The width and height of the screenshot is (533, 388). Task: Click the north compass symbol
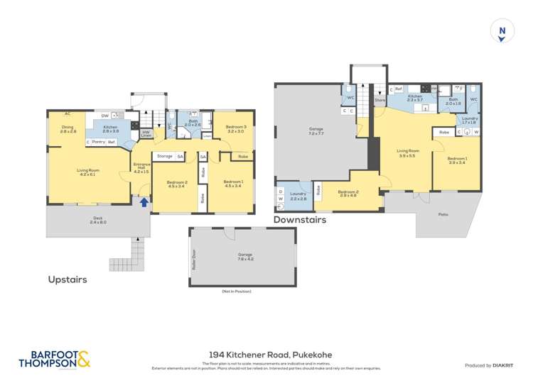tap(502, 31)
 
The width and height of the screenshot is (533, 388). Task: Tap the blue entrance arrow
tap(144, 202)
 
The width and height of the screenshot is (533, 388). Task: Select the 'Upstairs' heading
tap(68, 279)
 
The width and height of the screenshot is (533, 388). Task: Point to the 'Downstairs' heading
tap(300, 220)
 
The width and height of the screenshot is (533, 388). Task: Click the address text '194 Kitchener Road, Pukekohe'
tap(270, 355)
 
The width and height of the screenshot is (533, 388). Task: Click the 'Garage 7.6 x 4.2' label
tap(245, 257)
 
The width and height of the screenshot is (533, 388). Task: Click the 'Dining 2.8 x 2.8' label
tap(68, 130)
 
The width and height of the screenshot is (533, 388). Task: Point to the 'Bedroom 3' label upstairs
tap(235, 128)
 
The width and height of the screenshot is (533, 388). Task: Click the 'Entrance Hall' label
tap(141, 167)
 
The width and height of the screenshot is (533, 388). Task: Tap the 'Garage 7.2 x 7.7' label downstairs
tap(316, 131)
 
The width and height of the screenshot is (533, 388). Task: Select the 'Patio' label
tap(443, 214)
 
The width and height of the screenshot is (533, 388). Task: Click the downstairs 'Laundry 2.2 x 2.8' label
tap(298, 196)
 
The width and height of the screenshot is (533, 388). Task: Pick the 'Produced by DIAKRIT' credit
tap(489, 365)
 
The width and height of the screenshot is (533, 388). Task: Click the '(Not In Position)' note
tap(237, 292)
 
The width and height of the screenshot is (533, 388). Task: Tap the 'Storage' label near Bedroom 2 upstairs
tap(165, 156)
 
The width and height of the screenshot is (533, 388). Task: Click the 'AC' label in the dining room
tap(68, 113)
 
